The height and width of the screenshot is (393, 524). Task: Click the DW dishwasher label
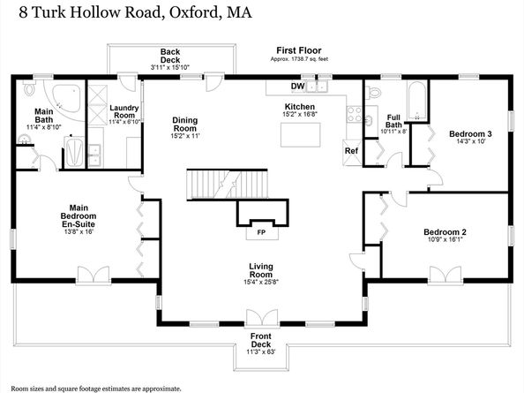pyautogui.click(x=298, y=87)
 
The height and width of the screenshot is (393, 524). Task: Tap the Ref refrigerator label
pyautogui.click(x=351, y=151)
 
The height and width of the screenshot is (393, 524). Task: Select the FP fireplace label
pyautogui.click(x=261, y=232)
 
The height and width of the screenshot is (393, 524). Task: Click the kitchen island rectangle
pyautogui.click(x=301, y=135)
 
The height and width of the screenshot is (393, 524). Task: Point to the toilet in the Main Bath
pyautogui.click(x=29, y=88)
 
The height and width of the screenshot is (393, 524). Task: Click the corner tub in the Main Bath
pyautogui.click(x=67, y=99)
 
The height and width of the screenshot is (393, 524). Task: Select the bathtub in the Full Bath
pyautogui.click(x=416, y=101)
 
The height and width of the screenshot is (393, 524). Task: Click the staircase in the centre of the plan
pyautogui.click(x=228, y=185)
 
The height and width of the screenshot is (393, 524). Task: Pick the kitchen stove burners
pyautogui.click(x=355, y=114)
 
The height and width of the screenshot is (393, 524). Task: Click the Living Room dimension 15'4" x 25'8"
pyautogui.click(x=261, y=282)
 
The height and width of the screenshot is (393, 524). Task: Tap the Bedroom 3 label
pyautogui.click(x=470, y=134)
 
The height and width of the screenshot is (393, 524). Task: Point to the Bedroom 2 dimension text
pyautogui.click(x=445, y=239)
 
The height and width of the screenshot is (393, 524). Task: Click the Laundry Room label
pyautogui.click(x=124, y=111)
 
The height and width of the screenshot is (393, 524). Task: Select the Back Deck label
pyautogui.click(x=170, y=56)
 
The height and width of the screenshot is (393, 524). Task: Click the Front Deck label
pyautogui.click(x=261, y=340)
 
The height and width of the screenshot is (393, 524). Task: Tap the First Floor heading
pyautogui.click(x=299, y=50)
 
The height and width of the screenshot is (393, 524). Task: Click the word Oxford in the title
pyautogui.click(x=193, y=12)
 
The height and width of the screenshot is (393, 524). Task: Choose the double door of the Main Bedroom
pyautogui.click(x=94, y=275)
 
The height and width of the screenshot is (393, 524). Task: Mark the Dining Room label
pyautogui.click(x=184, y=125)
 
